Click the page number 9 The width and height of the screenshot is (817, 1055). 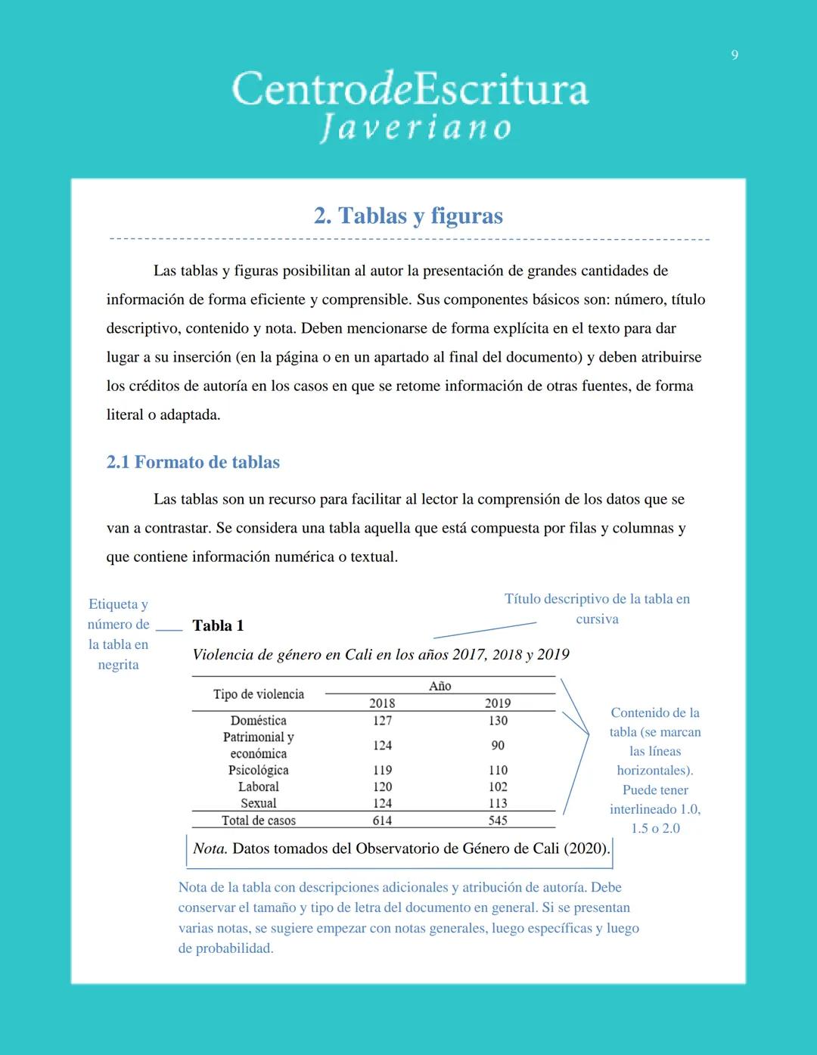[735, 54]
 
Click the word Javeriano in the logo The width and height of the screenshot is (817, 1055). [415, 127]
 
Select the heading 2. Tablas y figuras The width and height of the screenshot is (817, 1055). [408, 216]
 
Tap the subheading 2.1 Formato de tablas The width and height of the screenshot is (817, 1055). [193, 462]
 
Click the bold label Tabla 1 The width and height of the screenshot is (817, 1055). [218, 625]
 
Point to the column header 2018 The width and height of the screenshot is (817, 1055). [382, 703]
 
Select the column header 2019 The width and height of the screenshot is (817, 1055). [498, 703]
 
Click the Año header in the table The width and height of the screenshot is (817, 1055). [440, 686]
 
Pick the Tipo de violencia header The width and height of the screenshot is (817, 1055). [259, 694]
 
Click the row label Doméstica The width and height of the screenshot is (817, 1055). [259, 721]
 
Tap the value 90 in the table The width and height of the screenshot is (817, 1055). [498, 746]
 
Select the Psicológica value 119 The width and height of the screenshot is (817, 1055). [382, 771]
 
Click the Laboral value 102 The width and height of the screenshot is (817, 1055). [498, 787]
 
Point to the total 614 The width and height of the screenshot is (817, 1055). [382, 821]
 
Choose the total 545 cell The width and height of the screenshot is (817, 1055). [498, 821]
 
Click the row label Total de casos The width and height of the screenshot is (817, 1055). [259, 821]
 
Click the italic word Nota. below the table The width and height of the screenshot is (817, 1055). [210, 849]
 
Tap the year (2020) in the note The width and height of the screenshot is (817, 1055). [586, 849]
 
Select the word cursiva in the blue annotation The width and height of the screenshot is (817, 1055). [597, 619]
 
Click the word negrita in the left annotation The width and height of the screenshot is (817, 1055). [118, 665]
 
